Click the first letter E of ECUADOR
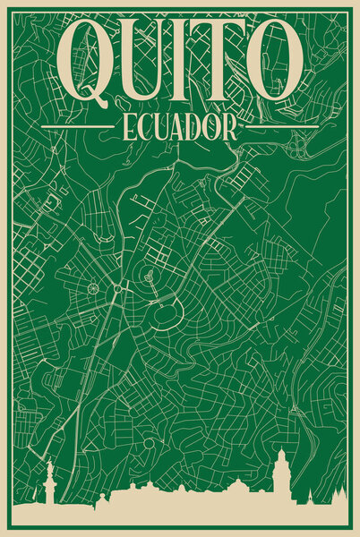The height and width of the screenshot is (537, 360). pos(123,128)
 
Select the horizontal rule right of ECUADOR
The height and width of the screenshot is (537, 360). pos(279,128)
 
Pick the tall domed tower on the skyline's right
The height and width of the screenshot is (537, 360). pos(281,474)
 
